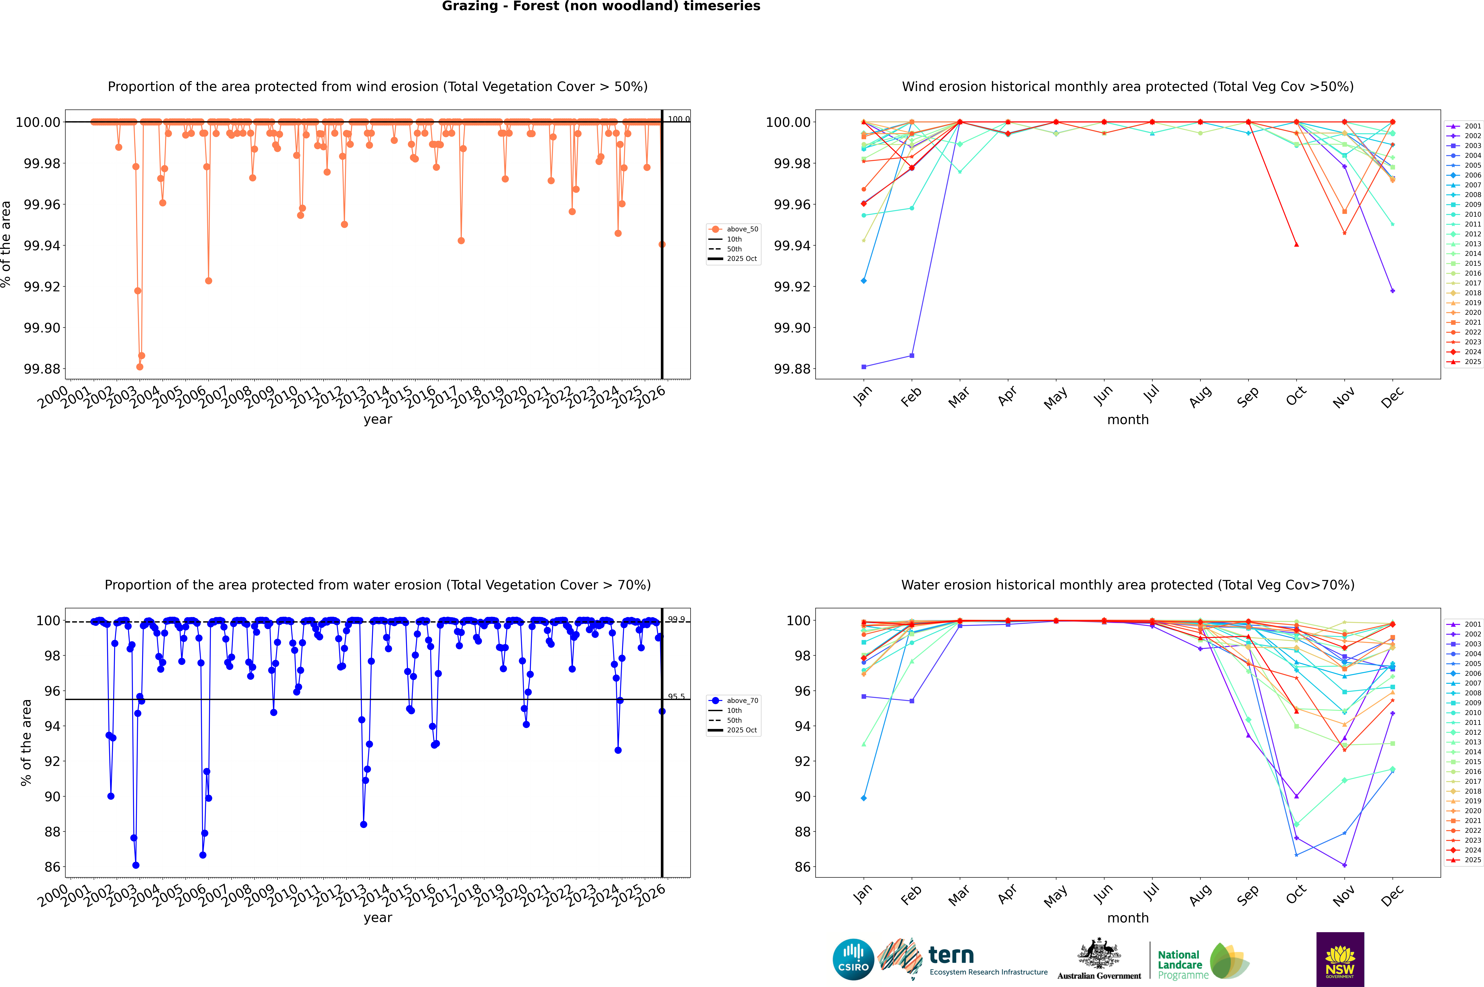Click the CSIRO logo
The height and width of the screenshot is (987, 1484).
tap(853, 959)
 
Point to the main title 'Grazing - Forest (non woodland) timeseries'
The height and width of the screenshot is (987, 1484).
tap(601, 6)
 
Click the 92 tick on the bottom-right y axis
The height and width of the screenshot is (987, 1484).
tap(803, 761)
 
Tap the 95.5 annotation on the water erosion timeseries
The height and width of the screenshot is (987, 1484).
tap(676, 697)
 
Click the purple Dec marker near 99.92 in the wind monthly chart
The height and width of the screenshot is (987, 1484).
tap(1392, 291)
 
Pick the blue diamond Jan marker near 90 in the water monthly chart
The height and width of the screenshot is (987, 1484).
tap(864, 798)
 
